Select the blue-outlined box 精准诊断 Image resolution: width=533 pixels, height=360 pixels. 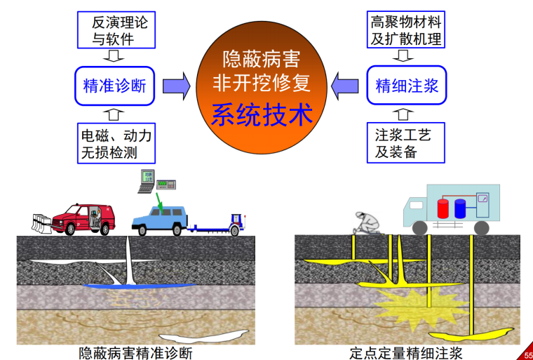pos(114,86)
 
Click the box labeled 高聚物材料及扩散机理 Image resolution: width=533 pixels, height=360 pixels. pos(406,29)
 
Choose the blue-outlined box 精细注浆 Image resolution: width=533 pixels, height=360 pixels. pos(407,86)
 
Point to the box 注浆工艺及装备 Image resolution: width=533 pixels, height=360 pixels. pos(406,142)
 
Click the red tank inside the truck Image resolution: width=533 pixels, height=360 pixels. pos(443,208)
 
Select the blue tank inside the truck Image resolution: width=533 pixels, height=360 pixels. pos(460,208)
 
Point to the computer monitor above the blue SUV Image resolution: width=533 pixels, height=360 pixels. pos(147,180)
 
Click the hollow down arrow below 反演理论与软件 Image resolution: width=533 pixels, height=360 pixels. pos(114,55)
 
